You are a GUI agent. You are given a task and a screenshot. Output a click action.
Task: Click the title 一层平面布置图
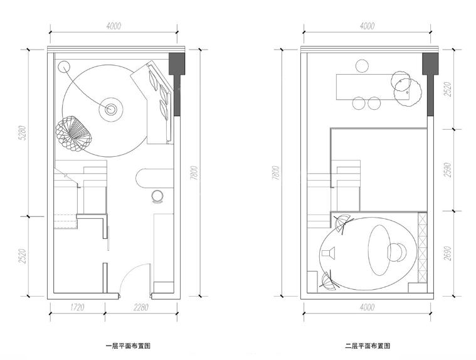coord(128,346)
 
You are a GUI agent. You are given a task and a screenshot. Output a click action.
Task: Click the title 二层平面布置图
coord(368,346)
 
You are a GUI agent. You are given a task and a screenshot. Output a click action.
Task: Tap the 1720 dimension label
coord(77,307)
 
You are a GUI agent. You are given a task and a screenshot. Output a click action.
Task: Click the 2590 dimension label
coord(447,170)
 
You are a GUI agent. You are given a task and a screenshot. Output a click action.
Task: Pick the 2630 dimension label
coord(447,253)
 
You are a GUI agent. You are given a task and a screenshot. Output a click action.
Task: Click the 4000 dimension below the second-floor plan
coord(368,307)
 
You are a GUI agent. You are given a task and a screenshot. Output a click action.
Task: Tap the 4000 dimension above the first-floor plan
coord(114,26)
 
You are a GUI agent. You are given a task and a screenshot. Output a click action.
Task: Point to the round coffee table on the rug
coord(112,109)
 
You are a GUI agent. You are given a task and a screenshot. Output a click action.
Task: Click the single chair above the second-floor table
coord(362,65)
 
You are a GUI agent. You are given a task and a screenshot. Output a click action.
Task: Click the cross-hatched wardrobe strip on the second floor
coord(422,248)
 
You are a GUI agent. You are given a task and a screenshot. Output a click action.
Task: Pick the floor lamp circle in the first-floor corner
coord(63,65)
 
